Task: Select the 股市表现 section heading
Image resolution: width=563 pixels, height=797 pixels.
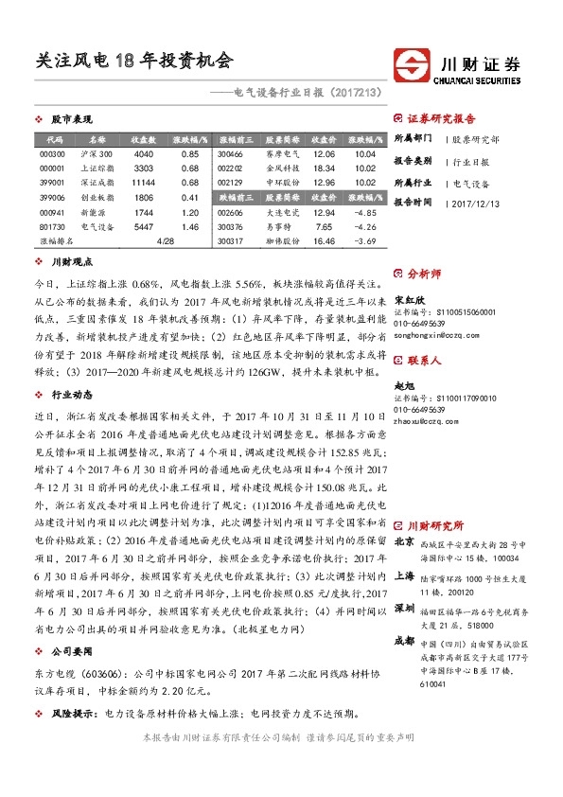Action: pyautogui.click(x=71, y=121)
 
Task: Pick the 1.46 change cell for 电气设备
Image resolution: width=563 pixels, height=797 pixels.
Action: pyautogui.click(x=188, y=227)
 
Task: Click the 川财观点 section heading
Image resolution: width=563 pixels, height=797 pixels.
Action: pyautogui.click(x=71, y=261)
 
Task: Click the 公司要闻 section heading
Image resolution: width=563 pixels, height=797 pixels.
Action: pyautogui.click(x=71, y=651)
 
